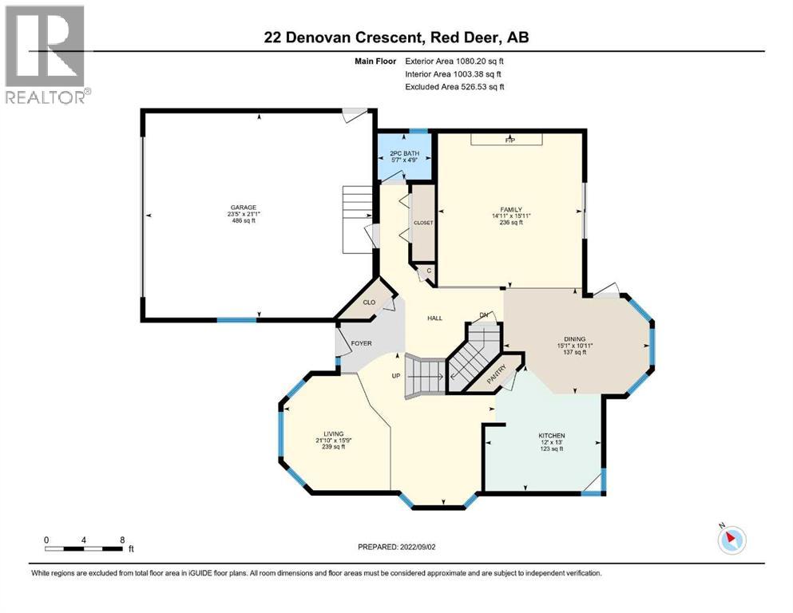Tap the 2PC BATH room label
(x=404, y=152)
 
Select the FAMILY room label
(x=510, y=209)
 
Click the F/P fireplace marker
(x=510, y=140)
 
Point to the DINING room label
(x=575, y=338)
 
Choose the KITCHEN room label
(x=551, y=436)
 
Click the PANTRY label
(x=498, y=373)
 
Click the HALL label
(x=434, y=318)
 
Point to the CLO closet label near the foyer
(x=369, y=303)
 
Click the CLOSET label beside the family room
(x=422, y=223)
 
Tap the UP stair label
(x=395, y=375)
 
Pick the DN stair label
(x=483, y=315)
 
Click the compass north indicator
(x=731, y=540)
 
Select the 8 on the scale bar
(x=121, y=540)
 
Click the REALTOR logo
(x=45, y=53)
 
